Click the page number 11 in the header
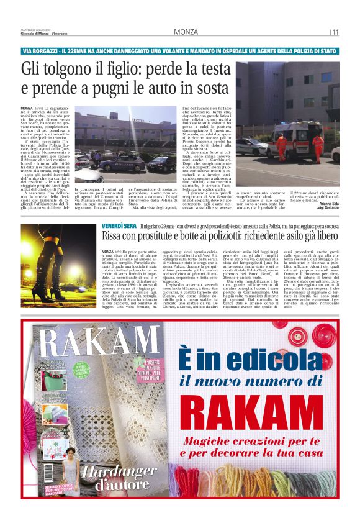pos(335,32)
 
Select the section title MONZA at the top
pos(186,32)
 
